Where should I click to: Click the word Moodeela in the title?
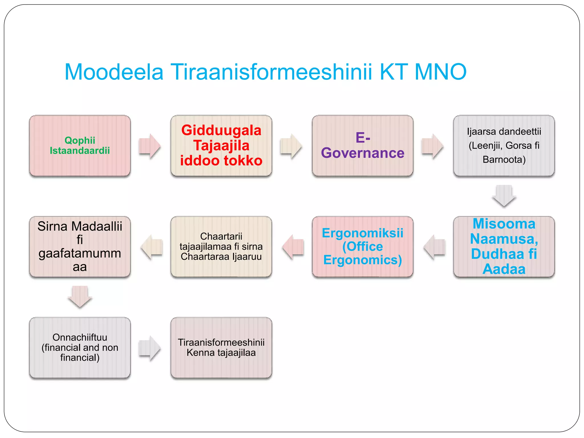(114, 72)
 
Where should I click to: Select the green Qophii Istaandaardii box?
(80, 145)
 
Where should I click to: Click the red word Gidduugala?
(221, 131)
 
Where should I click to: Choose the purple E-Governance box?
(362, 145)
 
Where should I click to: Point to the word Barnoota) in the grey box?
(504, 159)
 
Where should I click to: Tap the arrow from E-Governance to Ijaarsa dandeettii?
(432, 146)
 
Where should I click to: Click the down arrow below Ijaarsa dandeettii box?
(504, 196)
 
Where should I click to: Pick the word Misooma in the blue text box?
(504, 224)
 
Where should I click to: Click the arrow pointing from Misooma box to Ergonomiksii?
(435, 247)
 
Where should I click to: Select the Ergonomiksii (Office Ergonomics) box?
(362, 247)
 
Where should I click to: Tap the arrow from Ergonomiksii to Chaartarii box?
(293, 247)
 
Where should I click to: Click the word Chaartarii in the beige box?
(221, 236)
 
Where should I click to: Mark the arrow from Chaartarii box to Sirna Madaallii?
(152, 247)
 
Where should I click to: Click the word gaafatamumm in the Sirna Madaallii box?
(80, 254)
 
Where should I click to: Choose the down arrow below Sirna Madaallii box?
(80, 297)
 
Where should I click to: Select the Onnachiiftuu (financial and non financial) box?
(80, 347)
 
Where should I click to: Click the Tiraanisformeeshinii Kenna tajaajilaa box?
(221, 347)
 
